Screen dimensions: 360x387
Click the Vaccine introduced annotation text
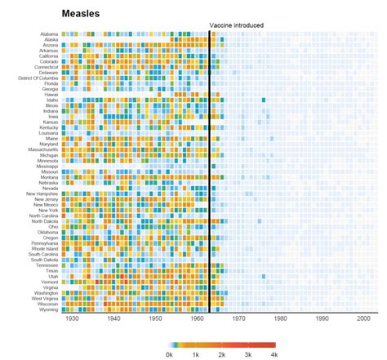(236, 25)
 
